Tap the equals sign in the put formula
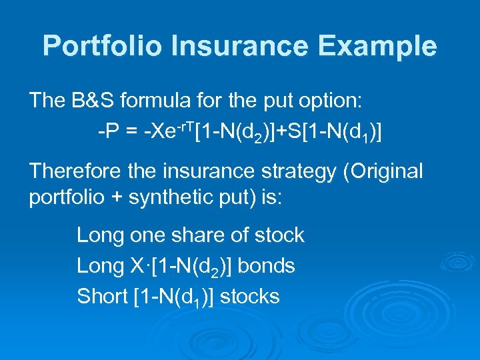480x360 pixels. (x=130, y=131)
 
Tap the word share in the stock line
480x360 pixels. (x=189, y=235)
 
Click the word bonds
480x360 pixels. (x=266, y=266)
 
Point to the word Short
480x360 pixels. (x=102, y=297)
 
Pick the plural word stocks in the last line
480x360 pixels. (x=249, y=297)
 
